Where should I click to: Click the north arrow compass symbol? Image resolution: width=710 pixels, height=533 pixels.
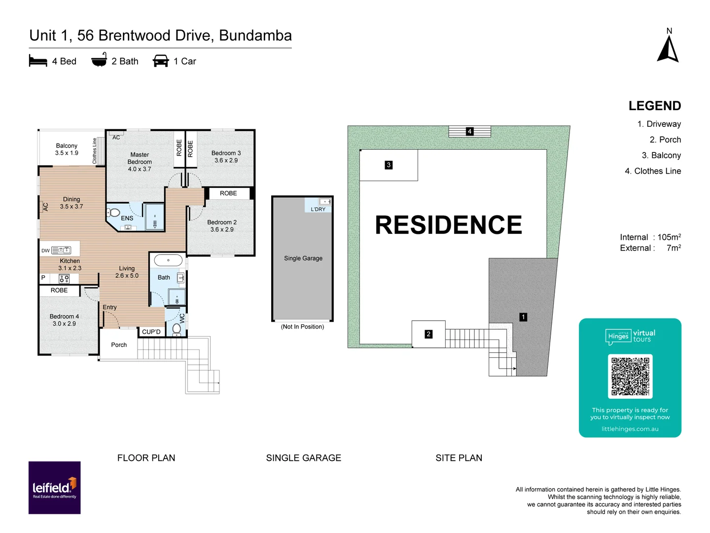click(668, 49)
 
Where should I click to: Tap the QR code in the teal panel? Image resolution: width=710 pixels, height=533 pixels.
click(630, 377)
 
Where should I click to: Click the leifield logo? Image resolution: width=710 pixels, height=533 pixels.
click(54, 488)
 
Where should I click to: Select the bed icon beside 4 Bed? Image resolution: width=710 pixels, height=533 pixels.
click(38, 61)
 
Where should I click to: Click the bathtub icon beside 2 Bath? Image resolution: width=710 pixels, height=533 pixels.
click(99, 60)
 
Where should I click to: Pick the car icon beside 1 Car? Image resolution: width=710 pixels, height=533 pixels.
click(161, 61)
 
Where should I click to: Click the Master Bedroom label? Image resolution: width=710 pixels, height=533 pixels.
click(140, 162)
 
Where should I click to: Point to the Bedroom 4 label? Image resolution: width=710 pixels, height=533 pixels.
click(64, 320)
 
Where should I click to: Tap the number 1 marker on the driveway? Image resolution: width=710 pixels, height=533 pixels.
click(523, 317)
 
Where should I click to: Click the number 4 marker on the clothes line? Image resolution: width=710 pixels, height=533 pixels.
click(470, 131)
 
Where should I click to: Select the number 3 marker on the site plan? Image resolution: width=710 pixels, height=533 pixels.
click(389, 165)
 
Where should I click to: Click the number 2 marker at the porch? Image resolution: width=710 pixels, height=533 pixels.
click(428, 334)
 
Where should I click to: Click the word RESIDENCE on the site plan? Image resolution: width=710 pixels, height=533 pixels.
click(448, 225)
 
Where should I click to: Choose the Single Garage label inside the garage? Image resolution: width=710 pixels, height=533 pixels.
click(303, 258)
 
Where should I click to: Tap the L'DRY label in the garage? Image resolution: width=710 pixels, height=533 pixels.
click(318, 209)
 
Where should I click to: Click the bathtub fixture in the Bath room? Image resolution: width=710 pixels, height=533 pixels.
click(168, 260)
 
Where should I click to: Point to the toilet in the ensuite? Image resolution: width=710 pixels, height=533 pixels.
click(114, 213)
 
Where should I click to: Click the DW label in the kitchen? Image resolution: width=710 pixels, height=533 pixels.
click(45, 251)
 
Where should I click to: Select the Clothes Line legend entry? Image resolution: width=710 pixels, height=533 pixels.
click(652, 171)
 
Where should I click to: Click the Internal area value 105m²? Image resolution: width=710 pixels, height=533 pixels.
click(669, 237)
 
